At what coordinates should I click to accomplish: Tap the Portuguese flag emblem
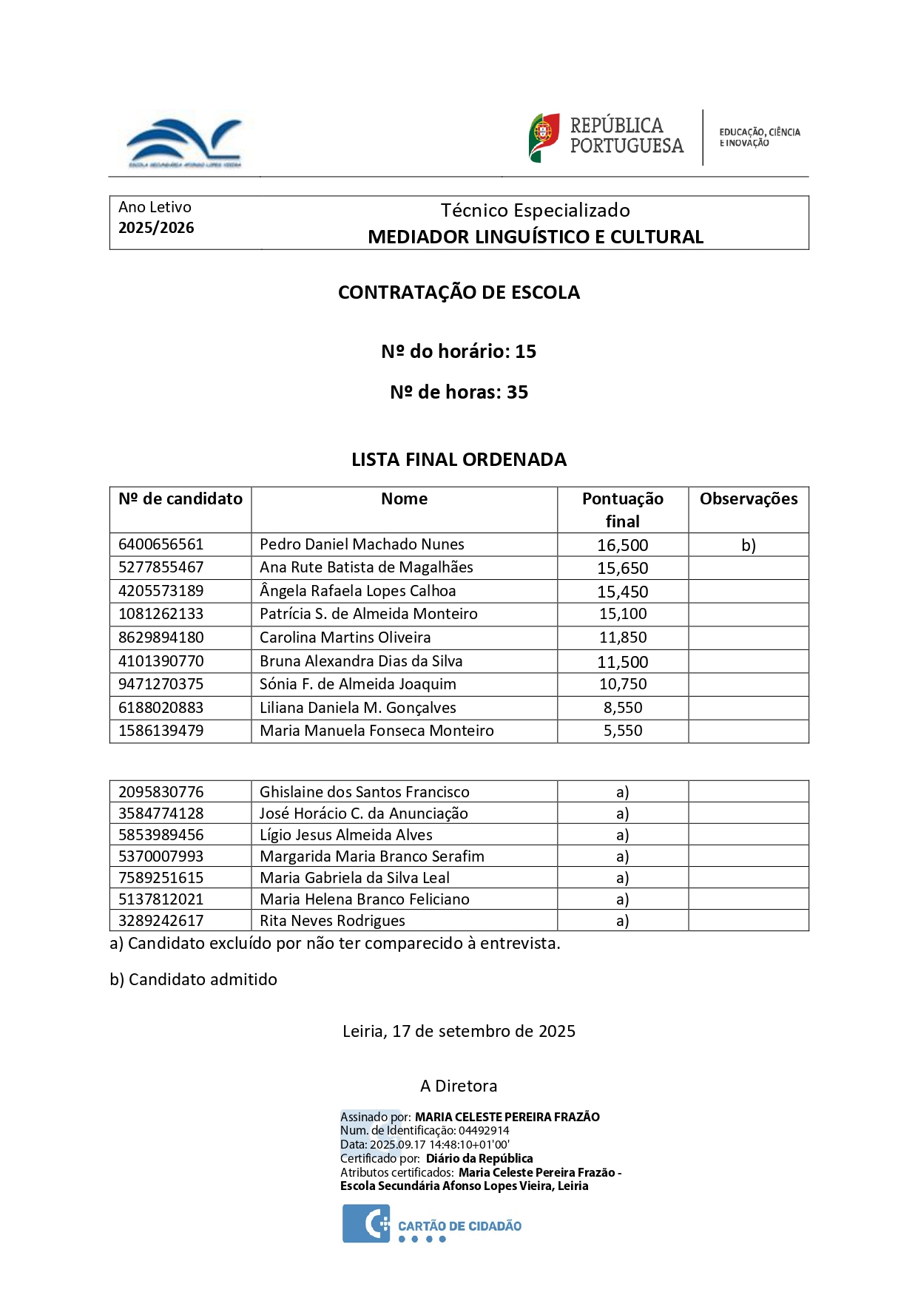(544, 137)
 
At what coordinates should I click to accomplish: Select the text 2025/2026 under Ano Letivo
(156, 228)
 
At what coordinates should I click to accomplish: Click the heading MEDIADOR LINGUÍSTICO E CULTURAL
(536, 237)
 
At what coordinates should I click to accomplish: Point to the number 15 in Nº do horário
(525, 351)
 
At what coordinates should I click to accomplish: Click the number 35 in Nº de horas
(517, 392)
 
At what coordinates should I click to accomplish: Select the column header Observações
(748, 499)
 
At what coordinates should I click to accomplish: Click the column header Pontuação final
(622, 510)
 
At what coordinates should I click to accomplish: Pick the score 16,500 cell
(622, 546)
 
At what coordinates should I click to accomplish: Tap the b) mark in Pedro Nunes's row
(748, 546)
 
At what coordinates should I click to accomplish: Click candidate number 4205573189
(161, 591)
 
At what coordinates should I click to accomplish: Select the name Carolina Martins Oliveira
(345, 638)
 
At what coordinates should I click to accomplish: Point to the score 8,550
(622, 708)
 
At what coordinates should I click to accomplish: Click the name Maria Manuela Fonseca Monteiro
(377, 731)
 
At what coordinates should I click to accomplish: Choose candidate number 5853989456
(161, 835)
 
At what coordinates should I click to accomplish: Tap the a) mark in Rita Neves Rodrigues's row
(622, 921)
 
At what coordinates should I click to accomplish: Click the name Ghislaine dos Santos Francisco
(364, 792)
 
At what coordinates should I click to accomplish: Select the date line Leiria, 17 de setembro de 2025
(459, 1031)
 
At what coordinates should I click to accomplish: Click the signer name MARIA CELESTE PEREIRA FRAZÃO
(507, 1117)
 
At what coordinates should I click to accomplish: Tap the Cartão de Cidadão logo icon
(365, 1224)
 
